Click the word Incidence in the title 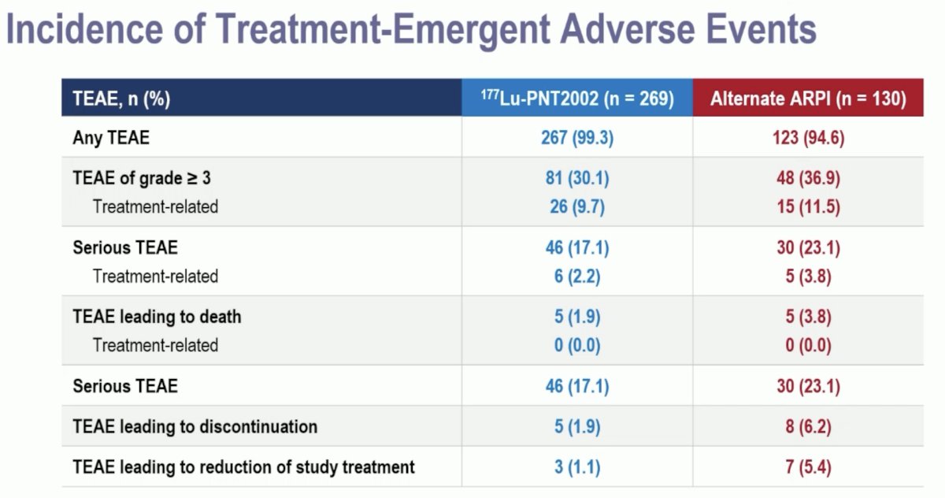[85, 28]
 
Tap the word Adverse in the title [628, 28]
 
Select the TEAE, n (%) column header [121, 98]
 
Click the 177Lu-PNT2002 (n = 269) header [577, 98]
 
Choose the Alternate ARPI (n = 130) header [808, 98]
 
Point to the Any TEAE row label [111, 138]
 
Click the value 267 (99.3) [577, 138]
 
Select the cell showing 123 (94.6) [808, 138]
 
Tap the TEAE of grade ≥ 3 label [142, 178]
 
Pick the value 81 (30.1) [577, 178]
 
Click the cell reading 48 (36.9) [808, 178]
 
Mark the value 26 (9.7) [577, 206]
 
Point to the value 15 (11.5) [808, 206]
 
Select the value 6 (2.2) [577, 277]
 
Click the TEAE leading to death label [157, 317]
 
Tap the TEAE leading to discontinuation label [195, 426]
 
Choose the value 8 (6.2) [808, 426]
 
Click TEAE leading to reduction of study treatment [243, 467]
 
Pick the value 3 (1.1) [577, 467]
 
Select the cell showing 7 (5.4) [808, 467]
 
